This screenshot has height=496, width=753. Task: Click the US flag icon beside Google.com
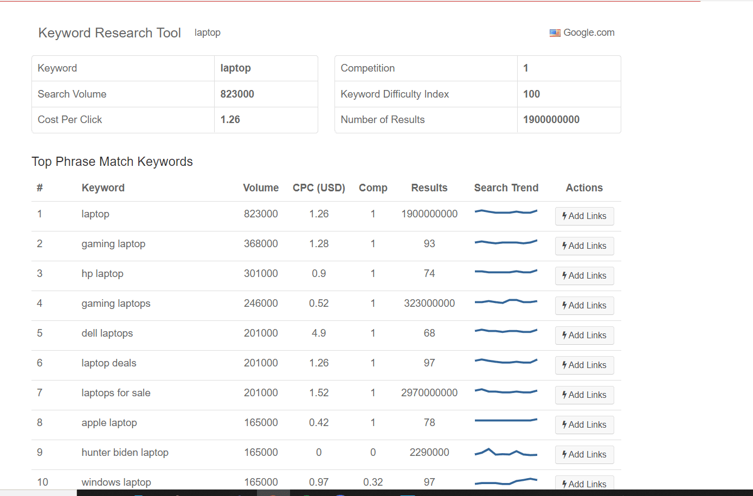(555, 33)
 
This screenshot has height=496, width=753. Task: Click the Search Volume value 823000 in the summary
(237, 94)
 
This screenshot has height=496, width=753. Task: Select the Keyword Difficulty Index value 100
(531, 94)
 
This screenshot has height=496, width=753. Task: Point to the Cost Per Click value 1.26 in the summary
(230, 119)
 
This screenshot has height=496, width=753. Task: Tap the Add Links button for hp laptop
(584, 275)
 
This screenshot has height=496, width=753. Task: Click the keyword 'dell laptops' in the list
(107, 333)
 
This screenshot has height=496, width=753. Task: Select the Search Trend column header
(506, 188)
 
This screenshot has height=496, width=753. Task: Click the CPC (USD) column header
(319, 188)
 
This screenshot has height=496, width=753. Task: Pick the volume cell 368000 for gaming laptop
(261, 243)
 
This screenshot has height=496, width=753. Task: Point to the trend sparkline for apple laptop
(506, 420)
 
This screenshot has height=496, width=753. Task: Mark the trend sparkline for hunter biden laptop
(506, 453)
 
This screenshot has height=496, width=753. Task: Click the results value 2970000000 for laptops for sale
(429, 392)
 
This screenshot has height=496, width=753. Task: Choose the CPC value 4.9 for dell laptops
(319, 333)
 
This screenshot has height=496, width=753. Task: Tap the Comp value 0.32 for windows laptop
(373, 482)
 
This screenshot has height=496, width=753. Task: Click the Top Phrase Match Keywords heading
(112, 162)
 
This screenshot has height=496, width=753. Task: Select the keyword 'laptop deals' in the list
(108, 363)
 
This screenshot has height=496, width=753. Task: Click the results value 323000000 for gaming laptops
(429, 303)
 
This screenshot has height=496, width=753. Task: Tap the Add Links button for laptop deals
(584, 365)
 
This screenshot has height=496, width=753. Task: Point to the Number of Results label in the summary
(382, 119)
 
